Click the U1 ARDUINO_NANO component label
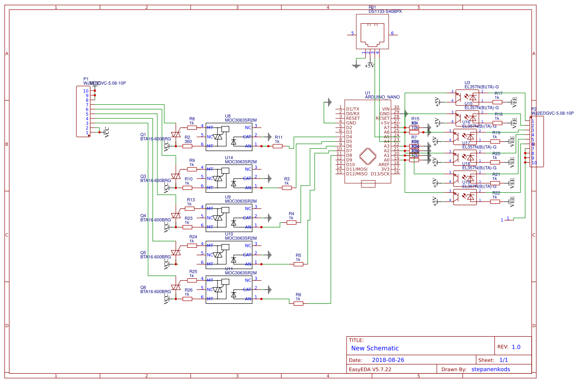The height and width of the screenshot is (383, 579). pos(382,97)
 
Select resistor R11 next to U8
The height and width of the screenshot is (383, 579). pos(277,146)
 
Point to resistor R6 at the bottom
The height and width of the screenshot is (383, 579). pos(299,303)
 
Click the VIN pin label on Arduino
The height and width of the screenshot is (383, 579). pos(386,108)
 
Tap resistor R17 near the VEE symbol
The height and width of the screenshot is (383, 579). pos(497,101)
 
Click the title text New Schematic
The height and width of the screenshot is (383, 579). pos(375,348)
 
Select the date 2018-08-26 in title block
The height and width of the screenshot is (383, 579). pos(388,360)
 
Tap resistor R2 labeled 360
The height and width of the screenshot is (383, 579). pos(187,146)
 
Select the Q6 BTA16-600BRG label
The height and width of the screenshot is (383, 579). pos(156,292)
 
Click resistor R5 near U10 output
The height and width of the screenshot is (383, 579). pos(299,264)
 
